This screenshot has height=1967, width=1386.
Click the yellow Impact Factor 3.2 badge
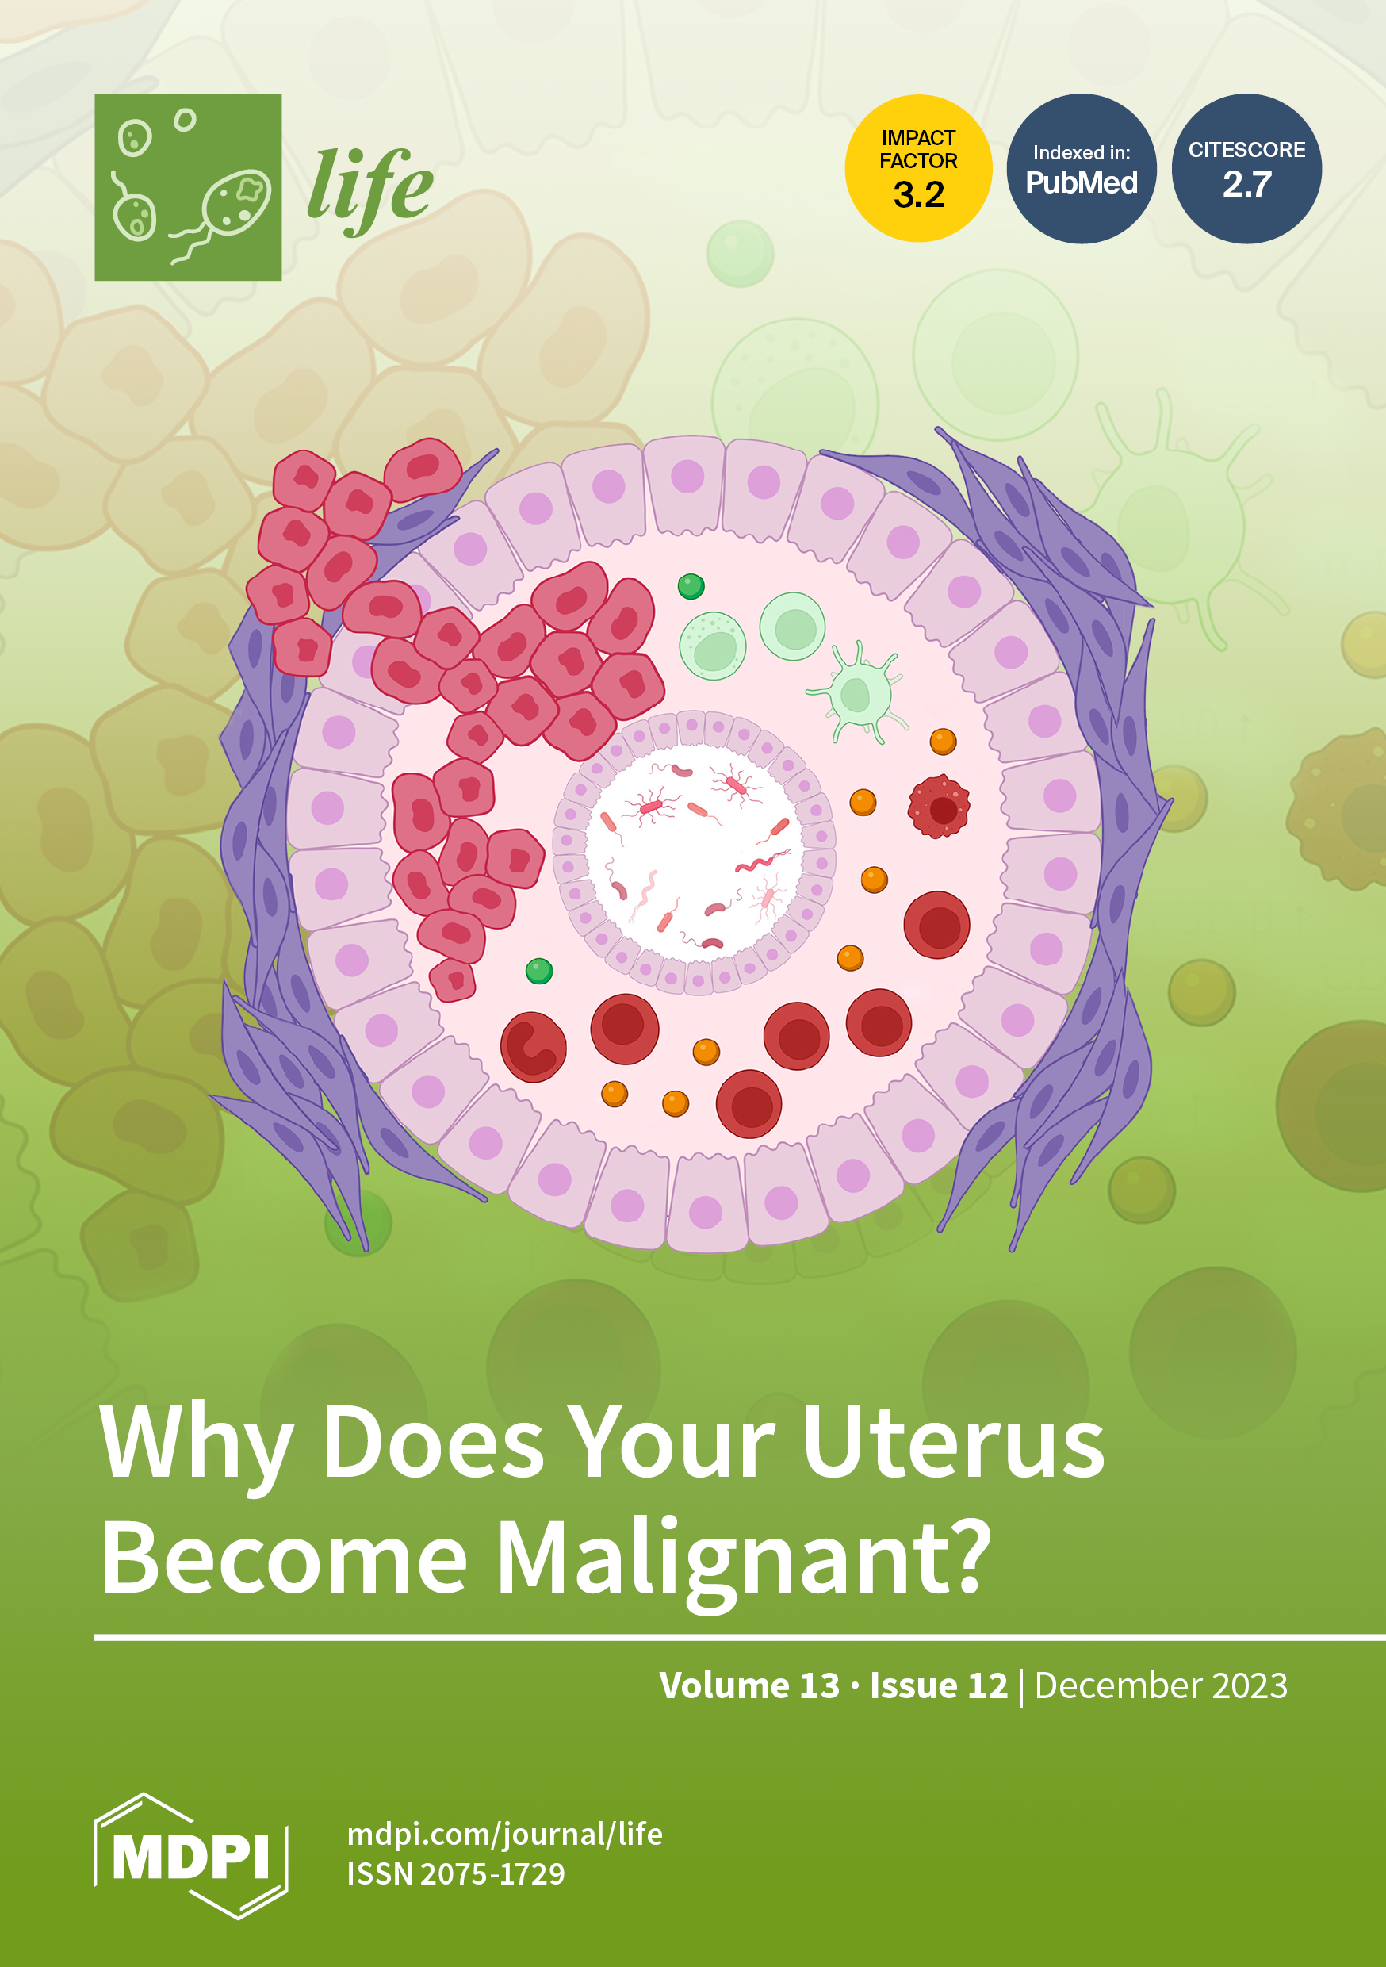[918, 168]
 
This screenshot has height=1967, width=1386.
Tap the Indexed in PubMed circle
[1081, 169]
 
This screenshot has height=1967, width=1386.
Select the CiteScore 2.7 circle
[1246, 169]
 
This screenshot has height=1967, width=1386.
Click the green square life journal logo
[188, 186]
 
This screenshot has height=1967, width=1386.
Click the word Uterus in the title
[952, 1445]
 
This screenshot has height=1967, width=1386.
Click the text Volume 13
[749, 1685]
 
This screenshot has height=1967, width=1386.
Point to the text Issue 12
[939, 1685]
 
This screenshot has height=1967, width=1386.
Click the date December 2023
[1161, 1685]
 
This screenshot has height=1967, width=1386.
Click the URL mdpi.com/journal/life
[504, 1835]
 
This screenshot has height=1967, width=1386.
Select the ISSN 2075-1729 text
[456, 1874]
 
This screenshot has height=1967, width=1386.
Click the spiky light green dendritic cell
[857, 692]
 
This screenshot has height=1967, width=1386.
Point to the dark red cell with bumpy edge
[940, 806]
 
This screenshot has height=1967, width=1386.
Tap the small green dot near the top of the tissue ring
[691, 586]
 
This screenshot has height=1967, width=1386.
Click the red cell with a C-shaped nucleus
[534, 1047]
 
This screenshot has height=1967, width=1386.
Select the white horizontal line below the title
[739, 1638]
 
